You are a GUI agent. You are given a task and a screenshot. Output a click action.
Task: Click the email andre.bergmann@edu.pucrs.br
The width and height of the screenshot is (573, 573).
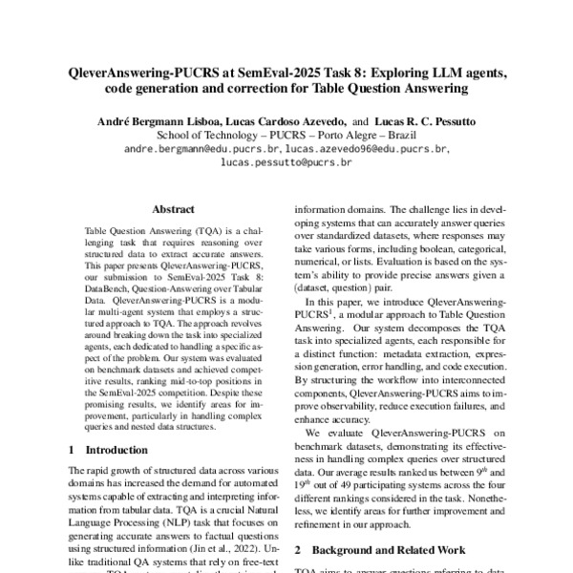[202, 150]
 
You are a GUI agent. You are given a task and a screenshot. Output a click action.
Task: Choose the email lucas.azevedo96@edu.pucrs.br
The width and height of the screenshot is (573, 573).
[366, 150]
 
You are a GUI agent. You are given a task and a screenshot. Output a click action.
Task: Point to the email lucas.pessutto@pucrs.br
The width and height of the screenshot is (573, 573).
[286, 163]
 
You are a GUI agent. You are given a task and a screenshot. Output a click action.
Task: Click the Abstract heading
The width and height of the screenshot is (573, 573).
[173, 209]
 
